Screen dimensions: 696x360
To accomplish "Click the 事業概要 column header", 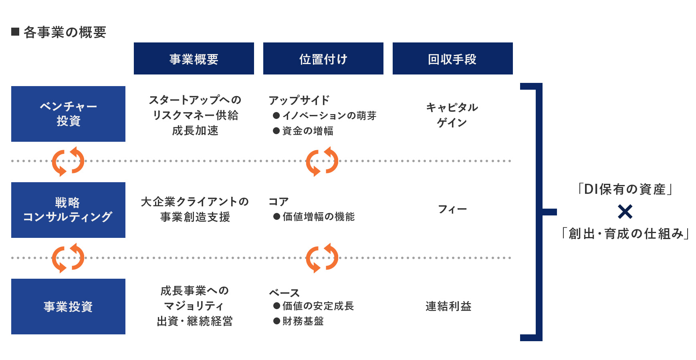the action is click(x=194, y=58).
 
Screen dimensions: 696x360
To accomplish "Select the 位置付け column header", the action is click(x=323, y=58).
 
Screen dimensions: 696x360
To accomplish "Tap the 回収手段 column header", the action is click(x=453, y=58).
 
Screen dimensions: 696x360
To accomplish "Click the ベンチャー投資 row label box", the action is click(x=68, y=114).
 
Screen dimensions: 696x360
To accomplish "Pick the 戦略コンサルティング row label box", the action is click(x=68, y=210).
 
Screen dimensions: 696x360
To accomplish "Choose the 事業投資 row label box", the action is click(x=68, y=306).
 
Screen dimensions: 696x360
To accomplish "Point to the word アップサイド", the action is click(x=299, y=100).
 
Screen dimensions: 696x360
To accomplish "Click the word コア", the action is click(x=279, y=201).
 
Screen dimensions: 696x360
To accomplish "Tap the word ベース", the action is click(x=284, y=293).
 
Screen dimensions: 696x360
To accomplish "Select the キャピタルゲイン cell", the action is click(x=452, y=115).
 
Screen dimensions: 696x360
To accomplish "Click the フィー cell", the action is click(x=452, y=209).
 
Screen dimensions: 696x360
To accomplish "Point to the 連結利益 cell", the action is click(x=448, y=306).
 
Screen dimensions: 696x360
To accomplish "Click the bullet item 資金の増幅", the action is click(x=303, y=131).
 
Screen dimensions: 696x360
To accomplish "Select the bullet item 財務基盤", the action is click(x=299, y=321).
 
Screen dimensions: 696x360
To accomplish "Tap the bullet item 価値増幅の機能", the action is click(x=314, y=217).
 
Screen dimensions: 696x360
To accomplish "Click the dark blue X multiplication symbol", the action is click(x=625, y=211).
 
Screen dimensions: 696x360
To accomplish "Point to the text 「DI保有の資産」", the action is click(x=625, y=189).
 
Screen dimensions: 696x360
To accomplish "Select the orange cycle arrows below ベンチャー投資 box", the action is click(x=68, y=161).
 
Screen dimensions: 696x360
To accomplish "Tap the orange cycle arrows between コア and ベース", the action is click(x=322, y=258).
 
